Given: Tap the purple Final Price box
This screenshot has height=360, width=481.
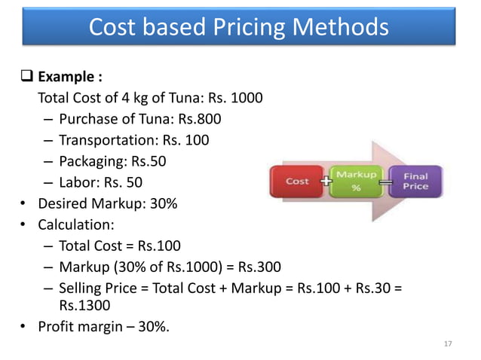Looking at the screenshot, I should tap(415, 182).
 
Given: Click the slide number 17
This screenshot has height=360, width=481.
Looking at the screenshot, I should tap(449, 344).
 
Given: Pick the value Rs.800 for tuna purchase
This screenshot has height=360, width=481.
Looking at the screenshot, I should tap(198, 119).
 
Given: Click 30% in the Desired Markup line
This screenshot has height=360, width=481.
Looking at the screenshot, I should tap(162, 203).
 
